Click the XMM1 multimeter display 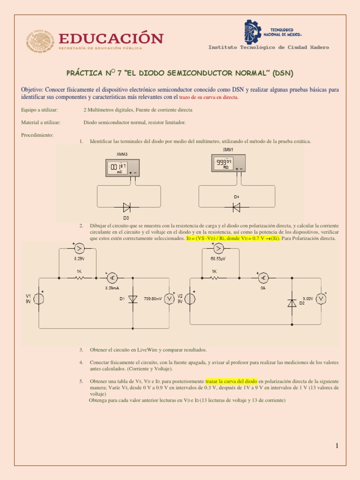coord(224,163)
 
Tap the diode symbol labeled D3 coord(127,206)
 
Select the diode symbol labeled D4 coord(236,206)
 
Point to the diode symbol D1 coord(133,299)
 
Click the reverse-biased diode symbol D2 coord(292,302)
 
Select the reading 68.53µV coord(216,257)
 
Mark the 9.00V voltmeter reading coord(307,298)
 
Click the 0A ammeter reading coord(263,289)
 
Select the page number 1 coord(337,446)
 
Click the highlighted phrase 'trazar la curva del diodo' coord(232,381)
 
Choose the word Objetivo coord(31,89)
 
